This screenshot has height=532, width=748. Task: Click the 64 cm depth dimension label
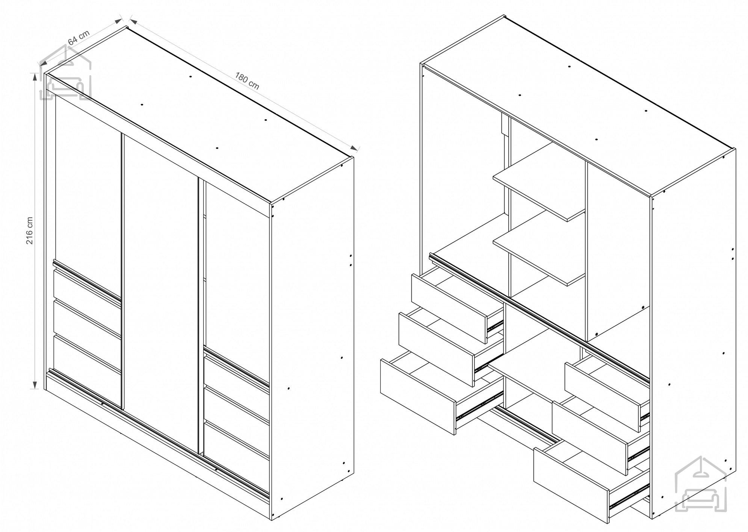(79, 37)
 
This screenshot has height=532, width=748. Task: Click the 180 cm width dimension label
(247, 80)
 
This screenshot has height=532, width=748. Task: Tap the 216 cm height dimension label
(29, 230)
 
